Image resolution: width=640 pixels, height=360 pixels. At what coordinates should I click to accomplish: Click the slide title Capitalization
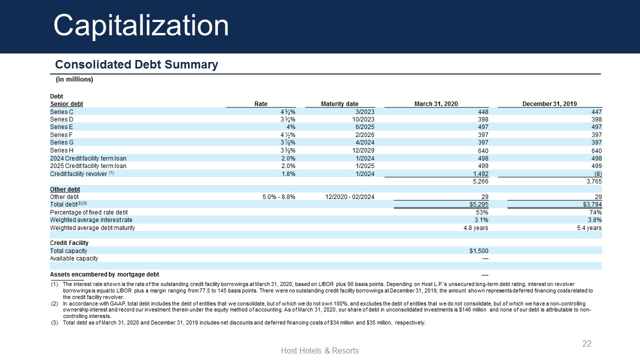[x=141, y=25]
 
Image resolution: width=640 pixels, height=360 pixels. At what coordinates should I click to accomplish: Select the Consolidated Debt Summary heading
[x=136, y=64]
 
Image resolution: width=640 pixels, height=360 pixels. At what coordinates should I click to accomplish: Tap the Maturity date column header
[x=339, y=104]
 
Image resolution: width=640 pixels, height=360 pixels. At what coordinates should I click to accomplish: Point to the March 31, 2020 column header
[x=436, y=104]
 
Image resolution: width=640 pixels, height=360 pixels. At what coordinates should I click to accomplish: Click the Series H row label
[x=61, y=150]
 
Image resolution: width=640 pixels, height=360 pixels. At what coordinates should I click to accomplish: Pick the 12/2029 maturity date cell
[x=363, y=150]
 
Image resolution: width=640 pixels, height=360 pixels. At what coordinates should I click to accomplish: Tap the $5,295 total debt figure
[x=479, y=204]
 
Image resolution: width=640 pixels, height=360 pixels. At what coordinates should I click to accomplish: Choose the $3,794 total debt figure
[x=592, y=204]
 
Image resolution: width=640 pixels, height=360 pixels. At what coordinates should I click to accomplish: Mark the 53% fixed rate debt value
[x=482, y=212]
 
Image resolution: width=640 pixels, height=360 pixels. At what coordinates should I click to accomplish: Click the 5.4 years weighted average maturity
[x=589, y=228]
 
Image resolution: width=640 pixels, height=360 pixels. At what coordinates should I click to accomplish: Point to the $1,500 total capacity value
[x=479, y=251]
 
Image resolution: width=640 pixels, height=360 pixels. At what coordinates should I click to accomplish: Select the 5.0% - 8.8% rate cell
[x=279, y=197]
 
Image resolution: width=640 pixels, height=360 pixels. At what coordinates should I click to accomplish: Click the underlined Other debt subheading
[x=65, y=189]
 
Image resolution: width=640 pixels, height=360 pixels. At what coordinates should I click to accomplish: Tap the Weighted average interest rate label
[x=91, y=220]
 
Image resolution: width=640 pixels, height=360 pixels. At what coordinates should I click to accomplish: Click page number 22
[x=587, y=343]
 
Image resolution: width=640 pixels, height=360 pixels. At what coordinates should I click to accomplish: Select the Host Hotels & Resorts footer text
[x=319, y=350]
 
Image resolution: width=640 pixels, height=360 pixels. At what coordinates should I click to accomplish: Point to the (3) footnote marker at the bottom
[x=54, y=323]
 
